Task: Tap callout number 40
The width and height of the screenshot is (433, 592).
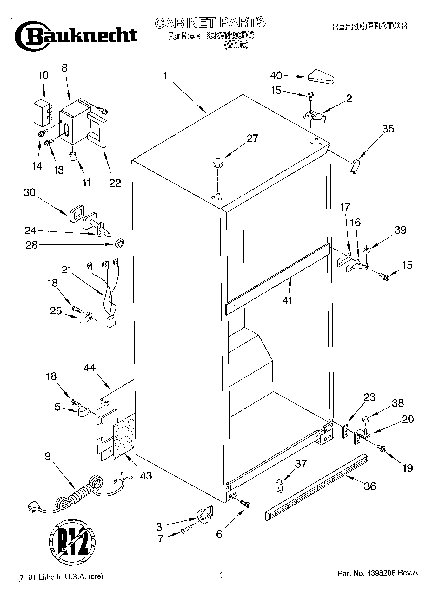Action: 276,75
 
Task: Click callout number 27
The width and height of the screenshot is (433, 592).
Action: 252,138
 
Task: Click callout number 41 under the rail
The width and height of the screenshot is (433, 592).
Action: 287,300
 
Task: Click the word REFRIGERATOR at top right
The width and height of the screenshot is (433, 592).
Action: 369,26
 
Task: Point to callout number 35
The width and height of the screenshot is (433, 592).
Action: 388,129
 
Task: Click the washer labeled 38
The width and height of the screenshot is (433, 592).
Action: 366,420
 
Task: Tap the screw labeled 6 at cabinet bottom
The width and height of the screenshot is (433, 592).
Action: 245,503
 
